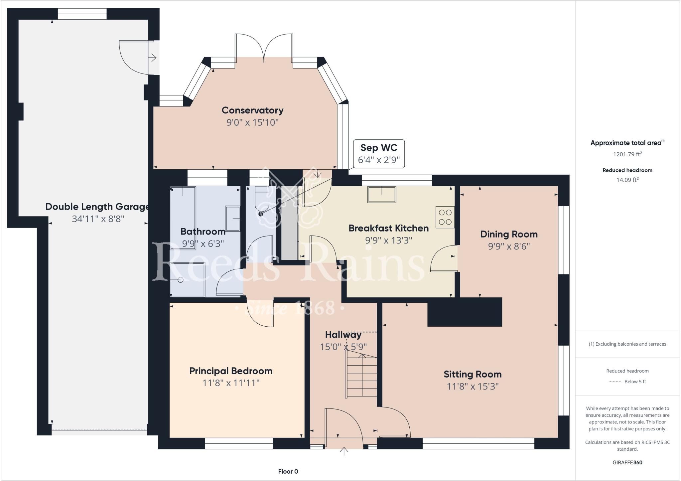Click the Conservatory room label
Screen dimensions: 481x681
pyautogui.click(x=252, y=110)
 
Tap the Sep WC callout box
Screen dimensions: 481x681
pyautogui.click(x=379, y=154)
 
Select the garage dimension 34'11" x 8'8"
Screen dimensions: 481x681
pyautogui.click(x=98, y=219)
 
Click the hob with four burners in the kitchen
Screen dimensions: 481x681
pyautogui.click(x=445, y=217)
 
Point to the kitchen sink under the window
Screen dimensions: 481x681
pyautogui.click(x=382, y=194)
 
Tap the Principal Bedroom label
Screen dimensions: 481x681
pyautogui.click(x=231, y=371)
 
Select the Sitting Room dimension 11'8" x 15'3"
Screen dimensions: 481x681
pyautogui.click(x=473, y=386)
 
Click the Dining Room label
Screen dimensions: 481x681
pyautogui.click(x=509, y=234)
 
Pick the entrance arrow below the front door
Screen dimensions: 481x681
pyautogui.click(x=344, y=451)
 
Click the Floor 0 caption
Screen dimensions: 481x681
pyautogui.click(x=288, y=471)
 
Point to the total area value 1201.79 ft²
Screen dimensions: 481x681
pyautogui.click(x=627, y=154)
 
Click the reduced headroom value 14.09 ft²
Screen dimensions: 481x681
pyautogui.click(x=627, y=180)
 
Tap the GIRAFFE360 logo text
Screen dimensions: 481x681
pyautogui.click(x=627, y=462)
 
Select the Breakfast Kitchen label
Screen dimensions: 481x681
pyautogui.click(x=388, y=228)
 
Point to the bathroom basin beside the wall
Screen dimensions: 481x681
pyautogui.click(x=233, y=218)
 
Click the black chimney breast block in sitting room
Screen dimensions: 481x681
pyautogui.click(x=464, y=312)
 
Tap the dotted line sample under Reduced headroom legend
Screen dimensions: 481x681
pyautogui.click(x=615, y=382)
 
